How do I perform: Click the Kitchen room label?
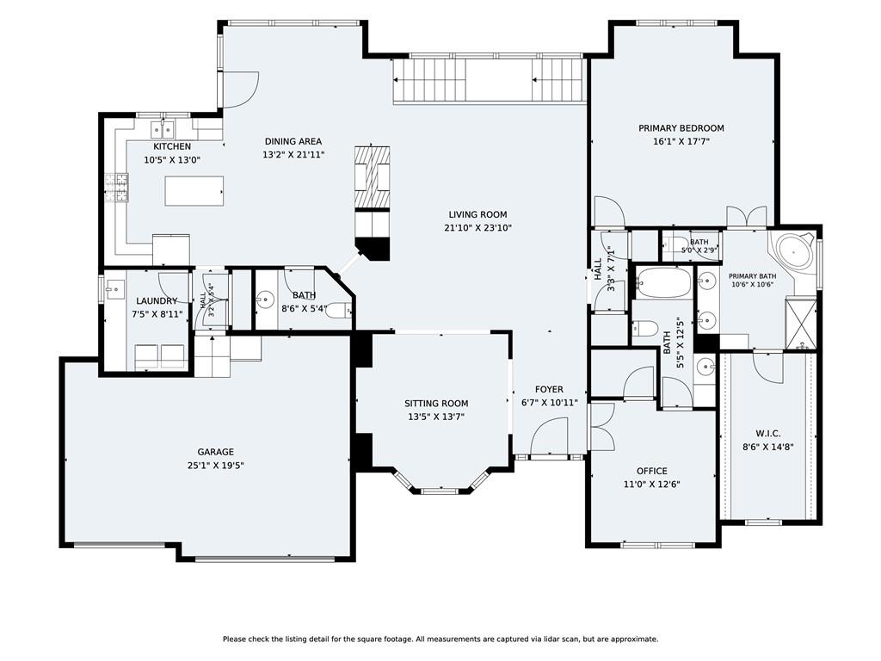[172, 146]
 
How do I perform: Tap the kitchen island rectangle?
[194, 191]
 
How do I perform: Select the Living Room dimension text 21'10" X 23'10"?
[477, 227]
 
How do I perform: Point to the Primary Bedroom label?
[681, 128]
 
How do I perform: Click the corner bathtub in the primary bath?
[792, 253]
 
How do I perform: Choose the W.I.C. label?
[767, 434]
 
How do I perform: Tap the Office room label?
[652, 471]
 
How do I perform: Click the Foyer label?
[549, 389]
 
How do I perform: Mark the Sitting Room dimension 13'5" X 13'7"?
[436, 417]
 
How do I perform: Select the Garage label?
[215, 452]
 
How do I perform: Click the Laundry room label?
[157, 301]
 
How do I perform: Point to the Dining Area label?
[293, 142]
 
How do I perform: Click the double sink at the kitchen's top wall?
[163, 130]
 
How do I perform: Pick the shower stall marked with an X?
[801, 324]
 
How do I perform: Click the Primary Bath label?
[752, 276]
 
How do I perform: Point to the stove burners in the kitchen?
[116, 188]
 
